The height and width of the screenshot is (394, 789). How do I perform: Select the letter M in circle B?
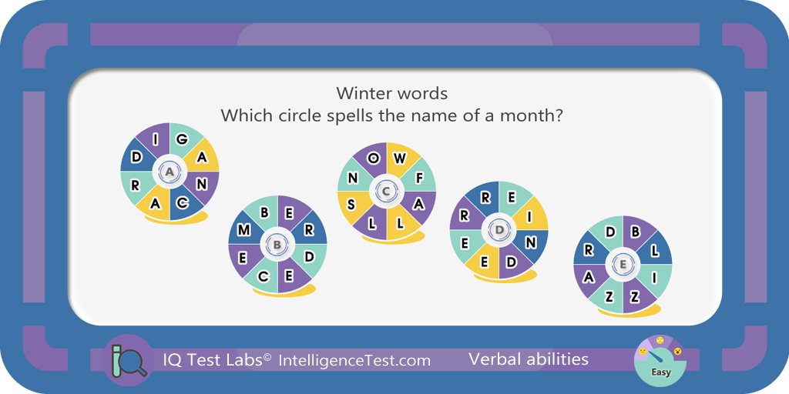point(244,230)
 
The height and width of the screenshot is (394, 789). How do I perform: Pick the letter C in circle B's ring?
point(263,276)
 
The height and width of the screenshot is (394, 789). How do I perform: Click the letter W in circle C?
point(399,159)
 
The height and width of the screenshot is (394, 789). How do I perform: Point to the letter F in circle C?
point(418,177)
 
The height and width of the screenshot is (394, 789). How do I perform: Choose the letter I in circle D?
point(529,216)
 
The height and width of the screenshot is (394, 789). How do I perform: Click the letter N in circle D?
point(529,242)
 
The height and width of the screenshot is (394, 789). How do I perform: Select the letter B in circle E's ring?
point(635,232)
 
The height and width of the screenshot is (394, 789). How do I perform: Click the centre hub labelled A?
point(170,172)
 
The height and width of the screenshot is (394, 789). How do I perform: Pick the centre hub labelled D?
point(499,230)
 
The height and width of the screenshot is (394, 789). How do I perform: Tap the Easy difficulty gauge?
point(660,360)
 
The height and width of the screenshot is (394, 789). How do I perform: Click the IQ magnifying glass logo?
point(127,360)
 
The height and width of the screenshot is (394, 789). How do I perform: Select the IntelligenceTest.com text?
point(354,360)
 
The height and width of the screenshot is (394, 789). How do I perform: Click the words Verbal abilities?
point(529,359)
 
